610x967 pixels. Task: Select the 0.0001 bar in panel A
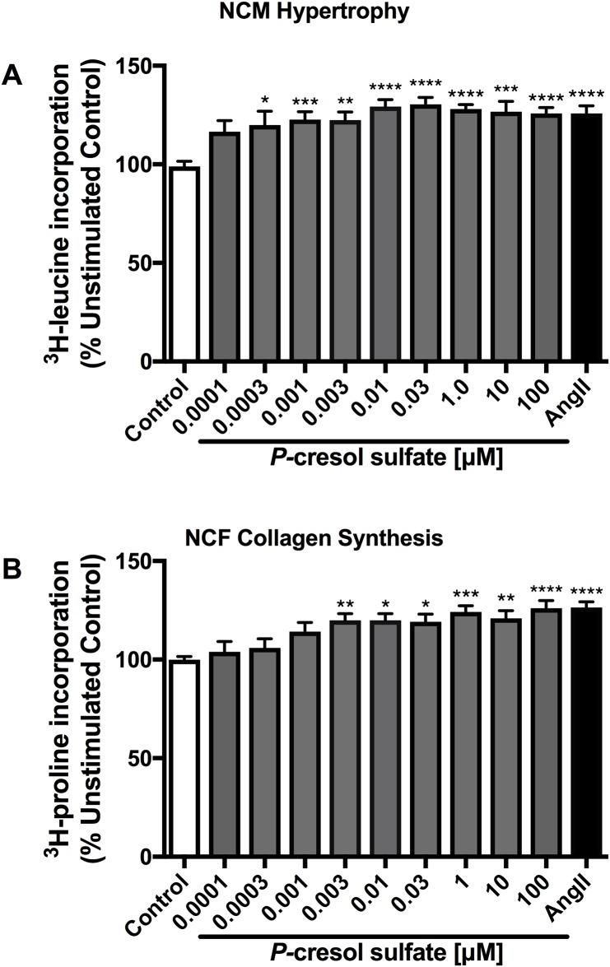pos(226,247)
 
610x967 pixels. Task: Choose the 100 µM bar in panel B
pos(545,732)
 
